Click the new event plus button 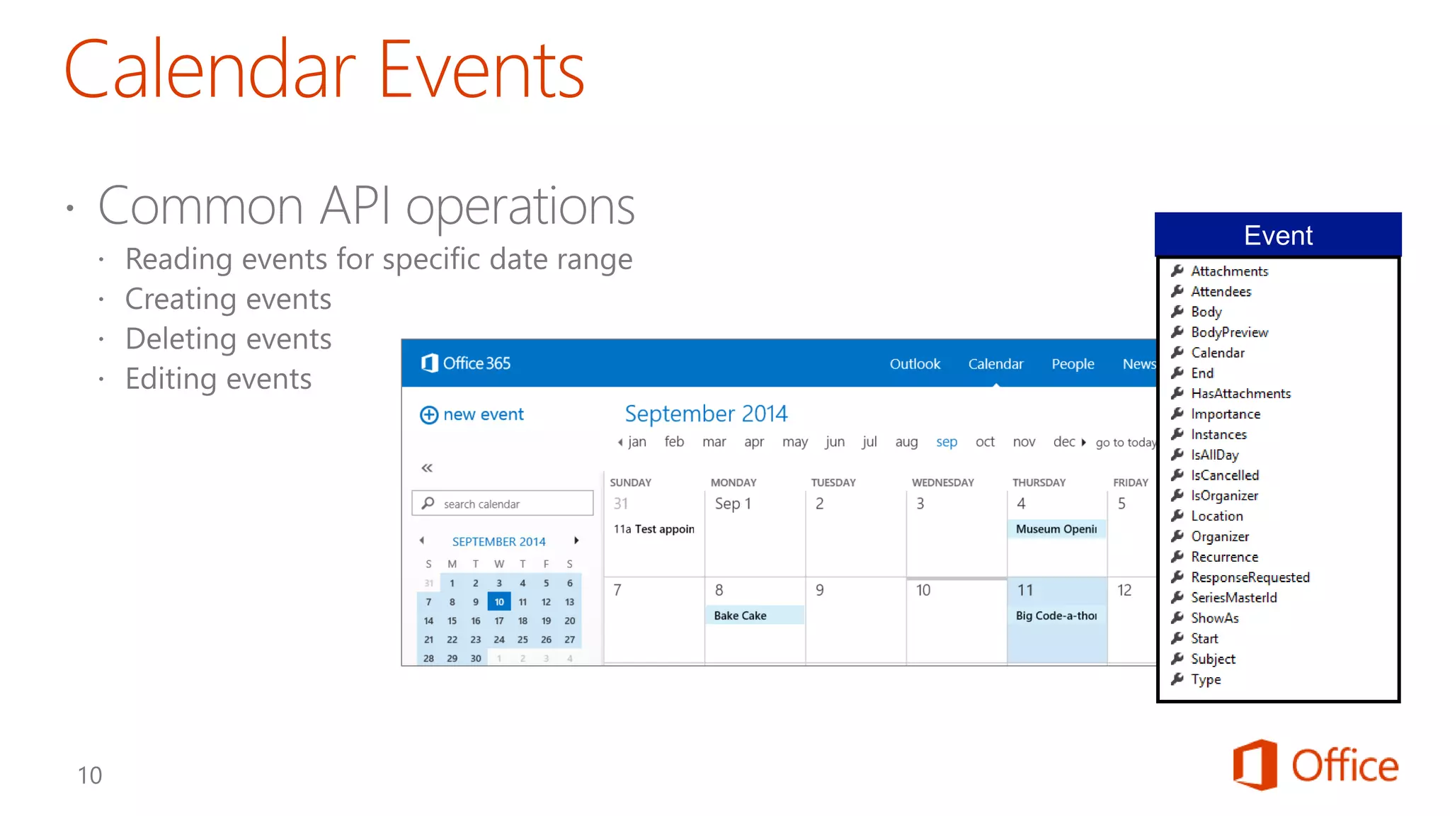pyautogui.click(x=429, y=415)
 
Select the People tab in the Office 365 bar pyautogui.click(x=1072, y=364)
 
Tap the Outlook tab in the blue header pyautogui.click(x=914, y=364)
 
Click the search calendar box pyautogui.click(x=503, y=504)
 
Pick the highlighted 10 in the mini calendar pyautogui.click(x=499, y=602)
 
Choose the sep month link pyautogui.click(x=946, y=442)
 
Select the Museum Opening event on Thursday pyautogui.click(x=1056, y=529)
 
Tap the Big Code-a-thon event pyautogui.click(x=1056, y=616)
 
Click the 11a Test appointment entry pyautogui.click(x=653, y=529)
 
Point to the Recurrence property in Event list pyautogui.click(x=1224, y=557)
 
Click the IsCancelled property pyautogui.click(x=1224, y=475)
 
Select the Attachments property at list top pyautogui.click(x=1229, y=271)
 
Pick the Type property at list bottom pyautogui.click(x=1205, y=680)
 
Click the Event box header pyautogui.click(x=1277, y=235)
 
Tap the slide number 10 pyautogui.click(x=90, y=776)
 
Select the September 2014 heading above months pyautogui.click(x=705, y=414)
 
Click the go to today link pyautogui.click(x=1125, y=443)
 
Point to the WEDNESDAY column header pyautogui.click(x=942, y=482)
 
